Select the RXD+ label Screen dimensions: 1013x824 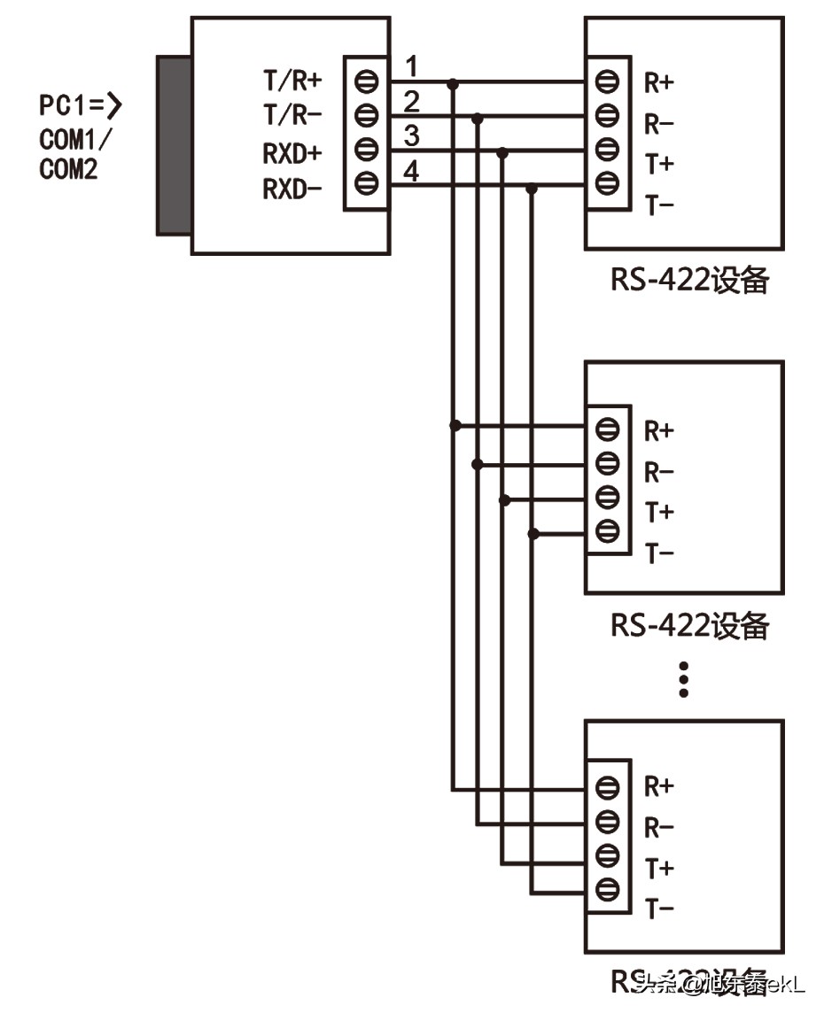pyautogui.click(x=291, y=152)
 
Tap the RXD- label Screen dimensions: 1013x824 pyautogui.click(x=291, y=188)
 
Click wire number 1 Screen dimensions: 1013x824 pyautogui.click(x=411, y=66)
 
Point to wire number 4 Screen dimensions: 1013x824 pyautogui.click(x=411, y=171)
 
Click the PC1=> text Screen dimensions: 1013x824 pyautogui.click(x=80, y=107)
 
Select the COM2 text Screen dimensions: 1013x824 pyautogui.click(x=68, y=170)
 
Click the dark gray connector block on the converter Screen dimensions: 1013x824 pyautogui.click(x=174, y=145)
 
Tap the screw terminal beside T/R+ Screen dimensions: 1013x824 pyautogui.click(x=367, y=81)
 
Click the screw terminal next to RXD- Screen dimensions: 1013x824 pyautogui.click(x=367, y=184)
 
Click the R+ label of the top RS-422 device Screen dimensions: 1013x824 pyautogui.click(x=658, y=84)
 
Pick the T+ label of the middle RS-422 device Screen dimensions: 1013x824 pyautogui.click(x=658, y=513)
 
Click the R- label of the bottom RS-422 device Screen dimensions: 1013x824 pyautogui.click(x=658, y=828)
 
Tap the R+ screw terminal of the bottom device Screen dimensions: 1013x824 pyautogui.click(x=607, y=787)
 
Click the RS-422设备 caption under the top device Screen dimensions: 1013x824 pyautogui.click(x=688, y=281)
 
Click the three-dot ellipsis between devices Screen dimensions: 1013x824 pyautogui.click(x=683, y=677)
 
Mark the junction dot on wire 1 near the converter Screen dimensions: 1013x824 pyautogui.click(x=454, y=84)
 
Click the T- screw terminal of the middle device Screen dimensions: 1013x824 pyautogui.click(x=607, y=531)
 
